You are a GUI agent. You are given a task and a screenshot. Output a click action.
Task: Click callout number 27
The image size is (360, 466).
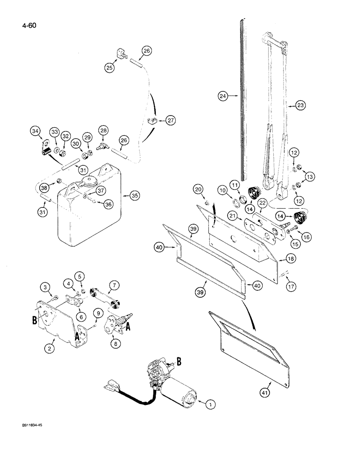[x=159, y=121]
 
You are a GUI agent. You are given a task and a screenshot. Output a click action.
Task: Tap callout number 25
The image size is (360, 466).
[x=109, y=68]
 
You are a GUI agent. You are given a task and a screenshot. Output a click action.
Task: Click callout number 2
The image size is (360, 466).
[x=51, y=348]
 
